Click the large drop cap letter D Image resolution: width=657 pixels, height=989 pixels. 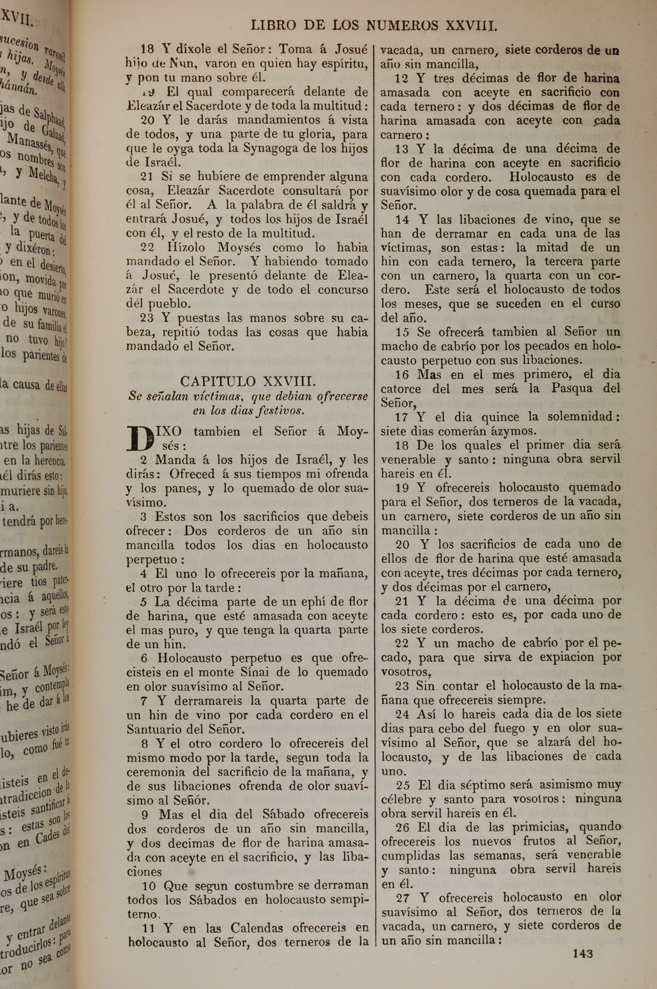pyautogui.click(x=140, y=438)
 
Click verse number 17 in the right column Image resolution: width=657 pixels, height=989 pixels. pyautogui.click(x=402, y=417)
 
